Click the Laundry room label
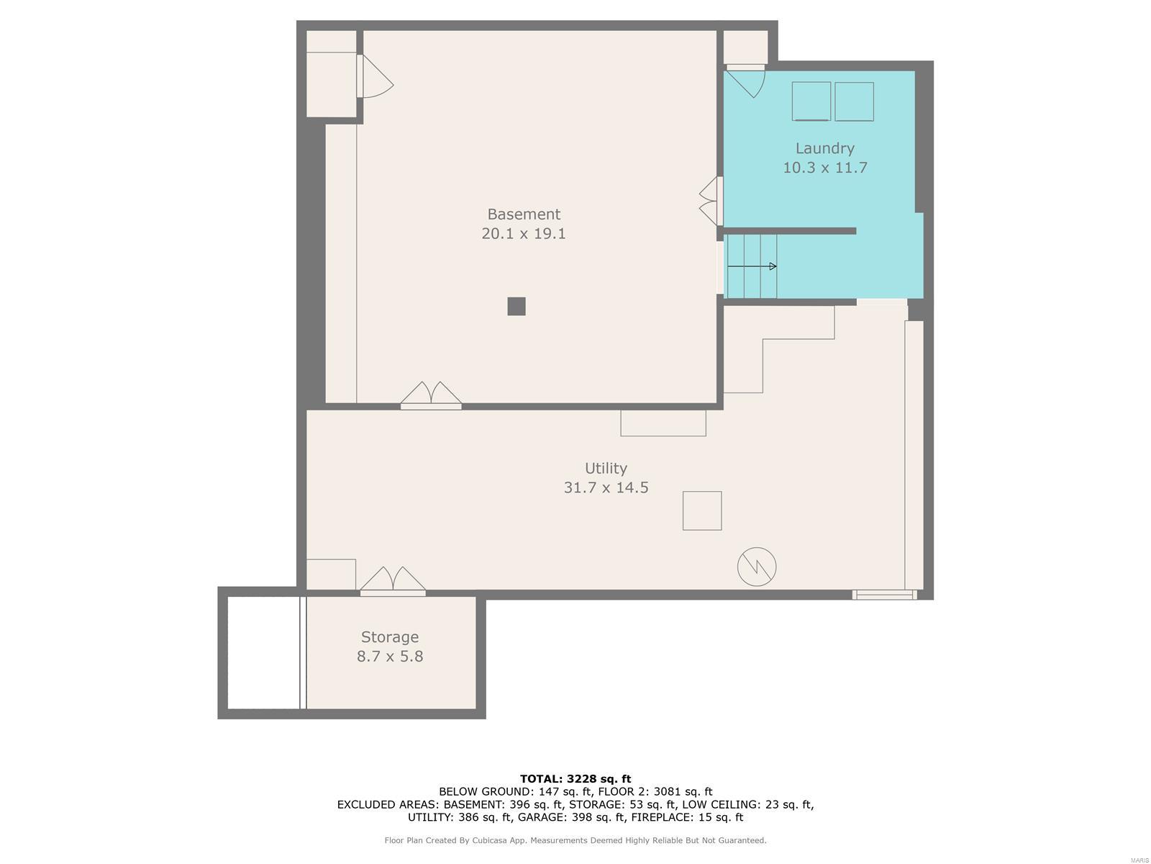point(824,148)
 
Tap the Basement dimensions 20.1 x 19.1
point(523,233)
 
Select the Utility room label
point(606,468)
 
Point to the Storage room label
point(390,637)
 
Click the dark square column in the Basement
point(516,307)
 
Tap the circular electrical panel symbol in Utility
point(756,567)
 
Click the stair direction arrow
point(752,266)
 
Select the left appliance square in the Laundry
point(811,102)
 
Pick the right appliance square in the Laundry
point(854,102)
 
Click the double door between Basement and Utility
point(430,396)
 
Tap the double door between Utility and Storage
point(392,582)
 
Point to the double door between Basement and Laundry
point(711,202)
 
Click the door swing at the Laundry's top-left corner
point(745,81)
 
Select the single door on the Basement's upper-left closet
point(375,76)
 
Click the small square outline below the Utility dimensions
point(701,510)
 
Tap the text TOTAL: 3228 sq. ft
point(575,779)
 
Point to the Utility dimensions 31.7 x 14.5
point(606,488)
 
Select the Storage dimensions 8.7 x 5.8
point(390,657)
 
